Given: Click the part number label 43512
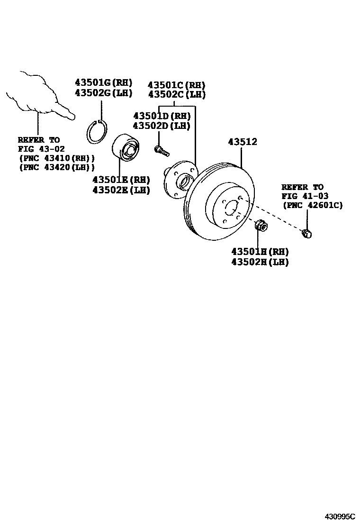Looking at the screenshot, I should (x=243, y=142).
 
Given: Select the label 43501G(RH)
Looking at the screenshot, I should (x=103, y=82).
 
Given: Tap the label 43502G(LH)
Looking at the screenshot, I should (x=103, y=93).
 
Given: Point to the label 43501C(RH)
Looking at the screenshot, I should (x=176, y=85).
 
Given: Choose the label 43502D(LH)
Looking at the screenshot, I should (x=162, y=126).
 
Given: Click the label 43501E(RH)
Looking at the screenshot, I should (x=121, y=180).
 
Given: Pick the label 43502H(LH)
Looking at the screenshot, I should (x=260, y=262).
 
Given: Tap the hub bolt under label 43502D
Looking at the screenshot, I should (x=161, y=151).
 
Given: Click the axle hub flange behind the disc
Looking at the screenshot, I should (x=178, y=180).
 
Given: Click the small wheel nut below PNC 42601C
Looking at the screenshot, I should (x=307, y=233).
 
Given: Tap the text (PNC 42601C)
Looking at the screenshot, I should (x=312, y=205).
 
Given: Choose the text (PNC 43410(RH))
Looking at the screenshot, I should (x=56, y=158).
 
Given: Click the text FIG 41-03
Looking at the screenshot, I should (x=305, y=196).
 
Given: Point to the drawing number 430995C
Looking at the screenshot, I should (x=340, y=516).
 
